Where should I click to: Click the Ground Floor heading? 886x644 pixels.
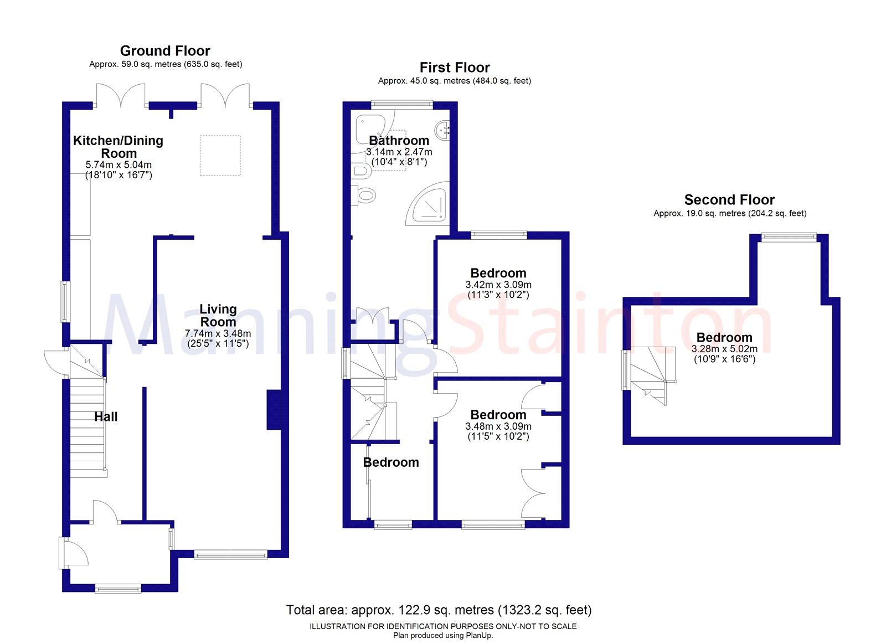pos(165,51)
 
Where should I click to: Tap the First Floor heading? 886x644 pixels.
pos(455,68)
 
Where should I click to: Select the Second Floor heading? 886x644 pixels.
pos(729,200)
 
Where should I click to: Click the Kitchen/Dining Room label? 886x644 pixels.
pos(119,147)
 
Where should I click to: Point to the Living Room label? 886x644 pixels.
pos(218,315)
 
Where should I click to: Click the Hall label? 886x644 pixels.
pos(106,416)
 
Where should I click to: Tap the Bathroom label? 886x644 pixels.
pos(399,141)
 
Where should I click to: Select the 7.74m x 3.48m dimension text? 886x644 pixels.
pos(218,333)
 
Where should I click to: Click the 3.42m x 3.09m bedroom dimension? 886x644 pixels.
pos(498,285)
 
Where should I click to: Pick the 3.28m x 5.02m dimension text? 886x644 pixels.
pos(724,349)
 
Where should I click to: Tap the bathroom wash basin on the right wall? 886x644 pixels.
pos(442,128)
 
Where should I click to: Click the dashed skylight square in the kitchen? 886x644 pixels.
pos(220,156)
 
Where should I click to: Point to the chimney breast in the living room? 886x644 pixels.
pos(274,409)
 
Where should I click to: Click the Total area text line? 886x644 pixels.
pos(439,610)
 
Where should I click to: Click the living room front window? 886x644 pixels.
pos(230,555)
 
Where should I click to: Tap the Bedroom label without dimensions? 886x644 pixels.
pos(391,462)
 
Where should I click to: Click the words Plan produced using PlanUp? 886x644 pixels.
pos(442,635)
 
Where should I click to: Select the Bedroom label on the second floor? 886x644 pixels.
pos(724,337)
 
